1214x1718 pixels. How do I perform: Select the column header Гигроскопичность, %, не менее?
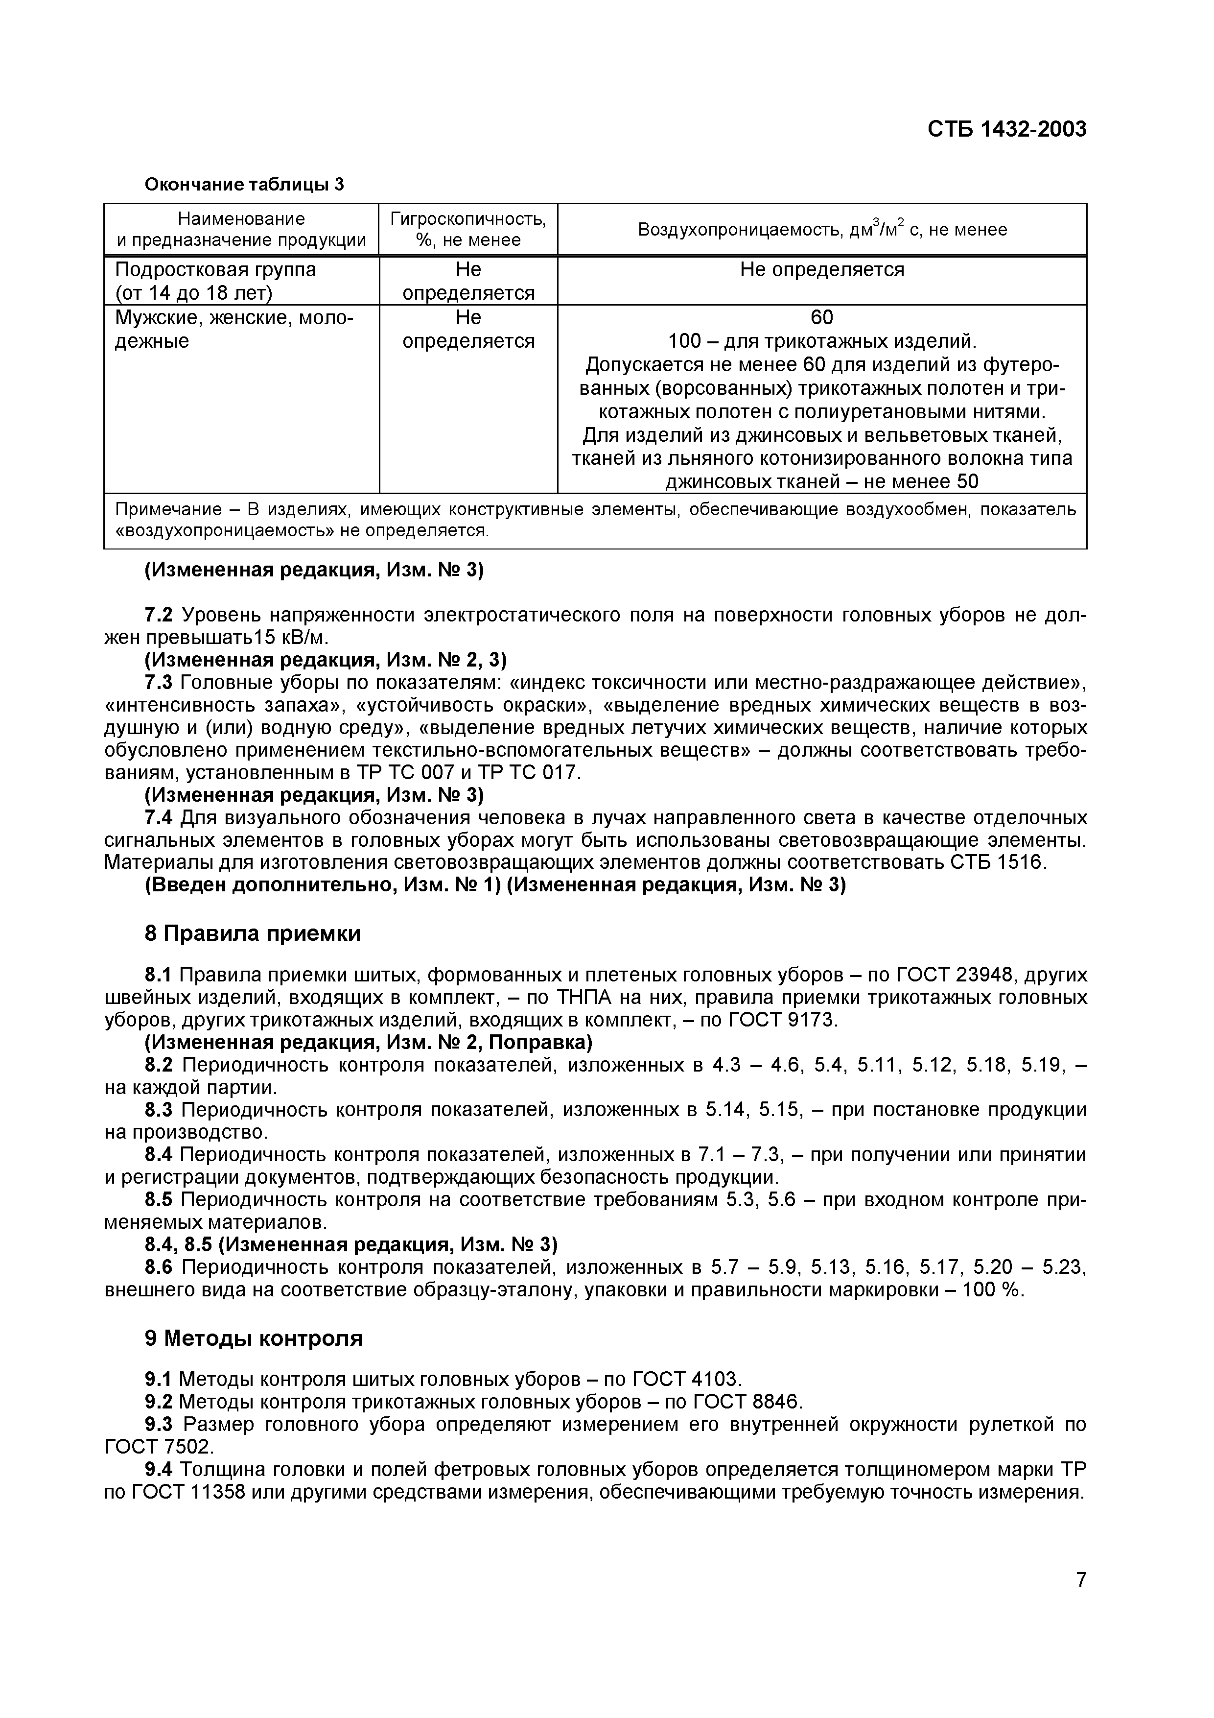tap(468, 229)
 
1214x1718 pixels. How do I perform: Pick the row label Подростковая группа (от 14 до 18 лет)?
tap(215, 281)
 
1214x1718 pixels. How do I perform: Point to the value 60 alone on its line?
tap(821, 317)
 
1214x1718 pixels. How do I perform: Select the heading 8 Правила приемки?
tap(252, 934)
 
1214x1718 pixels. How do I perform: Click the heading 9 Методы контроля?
tap(254, 1338)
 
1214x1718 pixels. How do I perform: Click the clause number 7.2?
tap(158, 615)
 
